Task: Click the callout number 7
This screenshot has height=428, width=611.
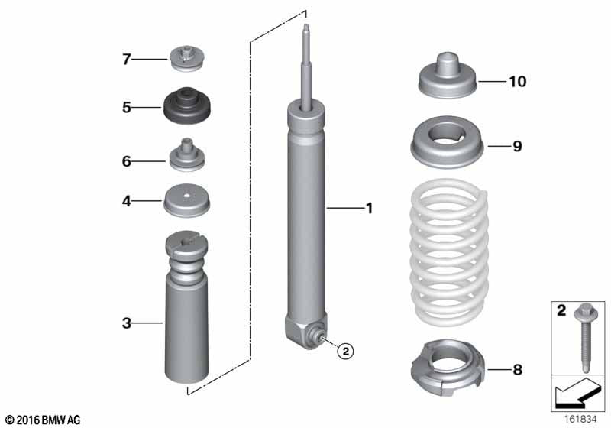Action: (127, 58)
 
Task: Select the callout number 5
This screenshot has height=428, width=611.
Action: (127, 108)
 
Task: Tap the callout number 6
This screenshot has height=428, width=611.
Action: (127, 161)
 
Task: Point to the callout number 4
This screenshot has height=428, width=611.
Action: (127, 202)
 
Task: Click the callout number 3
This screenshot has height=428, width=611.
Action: (127, 323)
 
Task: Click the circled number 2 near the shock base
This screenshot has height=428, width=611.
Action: (345, 351)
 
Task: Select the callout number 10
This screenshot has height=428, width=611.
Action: (517, 82)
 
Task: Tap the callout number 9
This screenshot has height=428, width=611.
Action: (517, 146)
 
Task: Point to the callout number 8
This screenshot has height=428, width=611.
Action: (517, 371)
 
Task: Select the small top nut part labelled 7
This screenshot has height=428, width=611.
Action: (186, 57)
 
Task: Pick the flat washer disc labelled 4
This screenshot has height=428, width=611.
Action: (186, 202)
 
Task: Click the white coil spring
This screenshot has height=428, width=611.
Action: (448, 252)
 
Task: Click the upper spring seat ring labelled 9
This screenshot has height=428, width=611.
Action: (448, 145)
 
